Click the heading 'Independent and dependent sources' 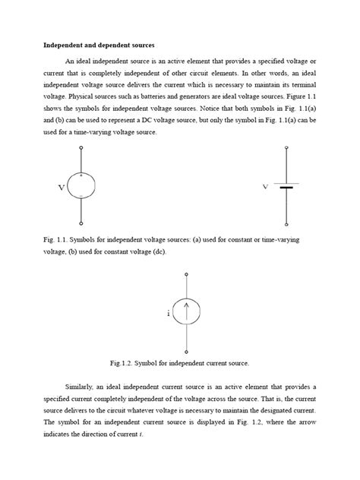pos(90,45)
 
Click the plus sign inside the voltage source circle pos(81,176)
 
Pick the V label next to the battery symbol pos(266,186)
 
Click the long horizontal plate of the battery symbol pos(287,184)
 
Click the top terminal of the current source pos(188,274)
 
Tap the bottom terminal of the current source pos(188,346)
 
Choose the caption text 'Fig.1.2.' pos(144,363)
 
